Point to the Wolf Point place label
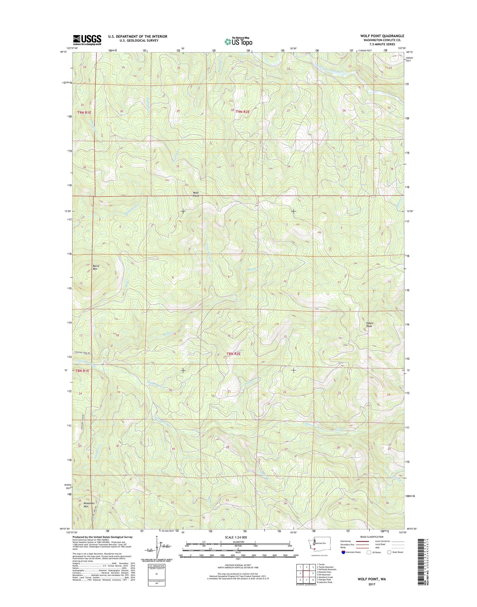(x=196, y=194)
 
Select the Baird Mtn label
(x=95, y=267)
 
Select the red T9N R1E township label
(x=84, y=112)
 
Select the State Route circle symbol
(x=389, y=552)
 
